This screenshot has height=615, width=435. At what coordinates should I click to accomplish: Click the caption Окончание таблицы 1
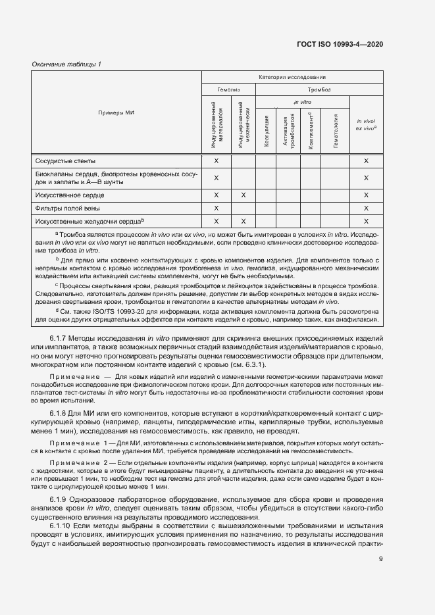(66, 64)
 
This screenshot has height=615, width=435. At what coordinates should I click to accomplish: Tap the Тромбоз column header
(319, 89)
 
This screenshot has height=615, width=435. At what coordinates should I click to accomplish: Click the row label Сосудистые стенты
(65, 160)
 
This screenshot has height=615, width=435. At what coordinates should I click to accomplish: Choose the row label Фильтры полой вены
(68, 208)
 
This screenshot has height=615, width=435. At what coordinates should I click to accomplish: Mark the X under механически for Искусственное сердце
(243, 195)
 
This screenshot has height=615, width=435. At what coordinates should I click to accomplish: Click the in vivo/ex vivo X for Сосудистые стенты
(366, 160)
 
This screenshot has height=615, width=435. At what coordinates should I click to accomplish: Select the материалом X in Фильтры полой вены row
(216, 208)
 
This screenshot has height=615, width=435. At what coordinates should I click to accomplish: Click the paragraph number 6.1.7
(61, 338)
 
